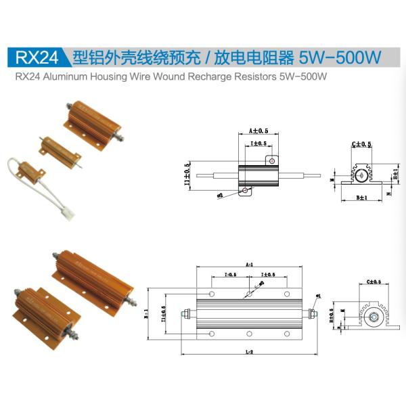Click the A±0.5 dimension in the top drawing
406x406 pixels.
pos(258,130)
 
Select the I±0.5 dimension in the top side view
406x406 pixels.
pos(258,144)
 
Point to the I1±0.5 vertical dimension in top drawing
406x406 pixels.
pos(188,173)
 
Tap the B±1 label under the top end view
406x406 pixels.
pos(361,198)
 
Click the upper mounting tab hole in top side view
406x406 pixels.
pos(271,161)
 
